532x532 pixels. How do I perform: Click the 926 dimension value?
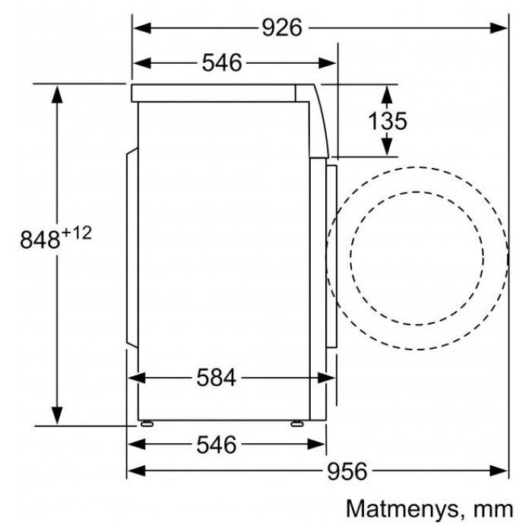[282, 28]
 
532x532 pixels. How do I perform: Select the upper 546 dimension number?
[222, 63]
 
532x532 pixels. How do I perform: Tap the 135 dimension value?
[388, 121]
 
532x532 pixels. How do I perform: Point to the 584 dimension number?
[216, 378]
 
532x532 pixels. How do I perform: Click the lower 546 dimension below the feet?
[216, 445]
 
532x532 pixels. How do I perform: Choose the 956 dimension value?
[347, 471]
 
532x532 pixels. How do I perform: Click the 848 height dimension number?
[40, 239]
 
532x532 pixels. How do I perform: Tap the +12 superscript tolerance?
[77, 233]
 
